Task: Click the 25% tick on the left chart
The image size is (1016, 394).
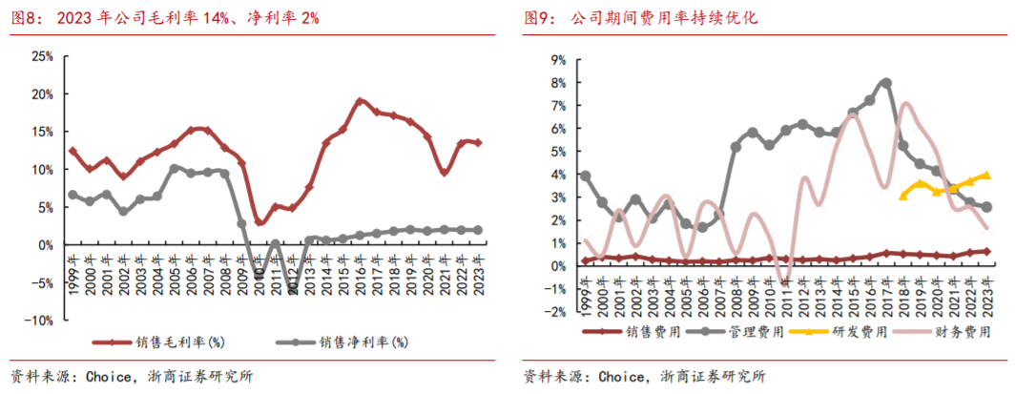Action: [x=41, y=56]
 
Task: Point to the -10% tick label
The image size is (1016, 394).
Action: [x=38, y=321]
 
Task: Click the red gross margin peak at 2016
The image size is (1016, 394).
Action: [x=360, y=100]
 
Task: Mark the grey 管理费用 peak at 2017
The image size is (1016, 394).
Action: [x=886, y=83]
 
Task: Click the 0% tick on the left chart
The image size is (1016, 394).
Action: [x=44, y=245]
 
